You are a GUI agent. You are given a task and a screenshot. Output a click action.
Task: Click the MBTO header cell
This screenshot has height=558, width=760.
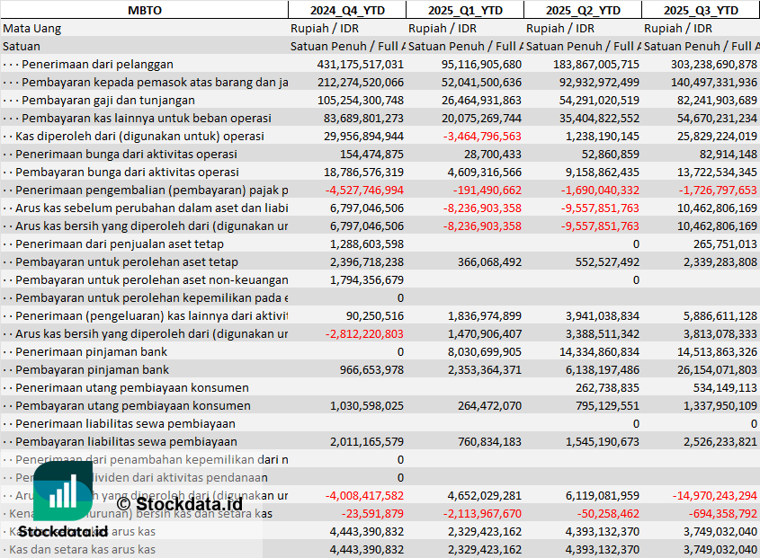144,10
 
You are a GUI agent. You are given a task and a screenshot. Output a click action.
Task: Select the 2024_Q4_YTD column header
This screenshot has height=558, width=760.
346,10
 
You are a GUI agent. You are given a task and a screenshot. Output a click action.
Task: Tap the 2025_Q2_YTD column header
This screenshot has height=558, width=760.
582,10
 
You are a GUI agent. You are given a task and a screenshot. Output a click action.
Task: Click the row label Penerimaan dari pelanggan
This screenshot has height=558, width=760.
97,64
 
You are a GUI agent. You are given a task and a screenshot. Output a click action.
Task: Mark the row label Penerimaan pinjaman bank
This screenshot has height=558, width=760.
92,351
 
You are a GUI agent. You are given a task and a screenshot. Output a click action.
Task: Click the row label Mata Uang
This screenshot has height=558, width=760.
32,28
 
